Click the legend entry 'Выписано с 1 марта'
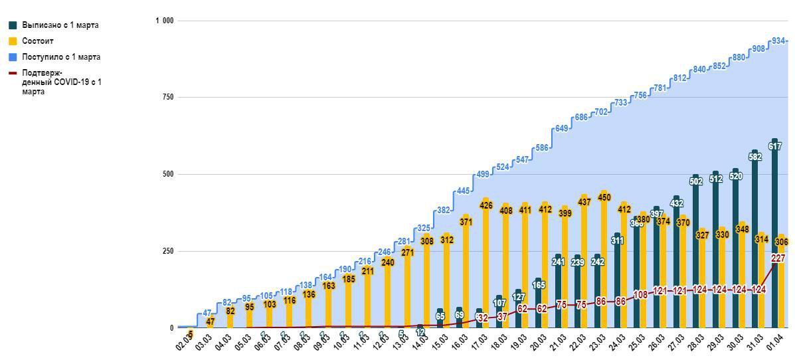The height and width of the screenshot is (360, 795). click(x=60, y=25)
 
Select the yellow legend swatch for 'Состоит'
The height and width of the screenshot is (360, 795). click(x=13, y=41)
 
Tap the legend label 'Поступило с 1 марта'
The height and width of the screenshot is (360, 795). click(x=61, y=57)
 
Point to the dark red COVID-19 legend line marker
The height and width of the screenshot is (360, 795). click(x=13, y=73)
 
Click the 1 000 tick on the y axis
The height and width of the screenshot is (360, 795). click(x=164, y=21)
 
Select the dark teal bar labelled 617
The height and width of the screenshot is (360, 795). click(x=774, y=239)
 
